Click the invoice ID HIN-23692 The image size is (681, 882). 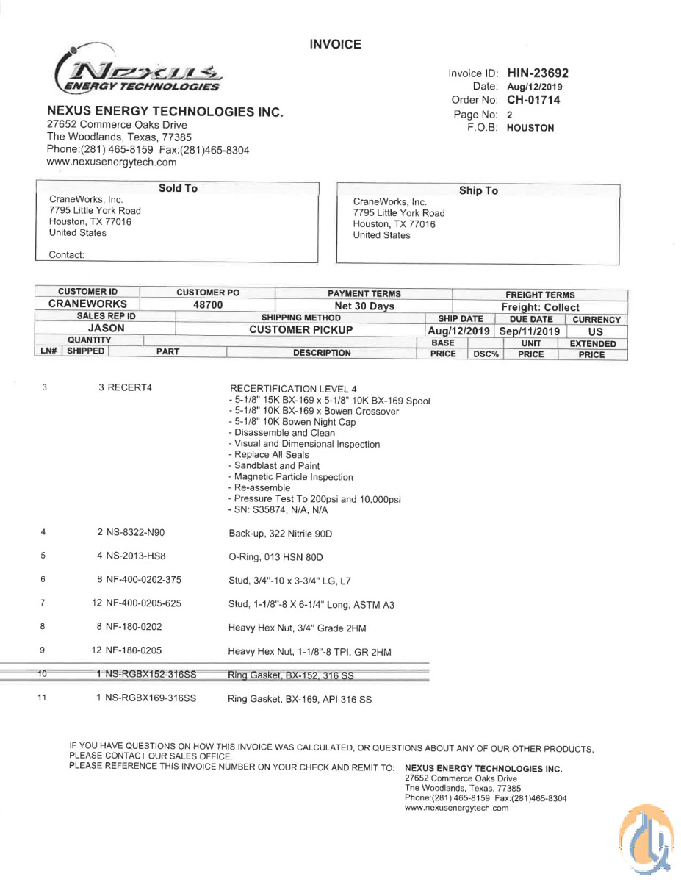point(537,73)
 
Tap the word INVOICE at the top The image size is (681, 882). point(335,45)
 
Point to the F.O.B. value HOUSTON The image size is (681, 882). point(530,127)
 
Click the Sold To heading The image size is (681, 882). point(178,189)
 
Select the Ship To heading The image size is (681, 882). point(478,191)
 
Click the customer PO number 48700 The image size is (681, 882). point(207,304)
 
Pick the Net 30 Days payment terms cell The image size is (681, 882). point(364,306)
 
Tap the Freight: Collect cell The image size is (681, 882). point(540,307)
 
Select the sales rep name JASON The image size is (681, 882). point(107,329)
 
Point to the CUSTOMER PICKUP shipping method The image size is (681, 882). point(300,330)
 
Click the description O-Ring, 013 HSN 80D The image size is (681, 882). point(275,557)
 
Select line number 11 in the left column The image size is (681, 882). point(43,698)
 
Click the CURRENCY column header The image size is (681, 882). point(597,320)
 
